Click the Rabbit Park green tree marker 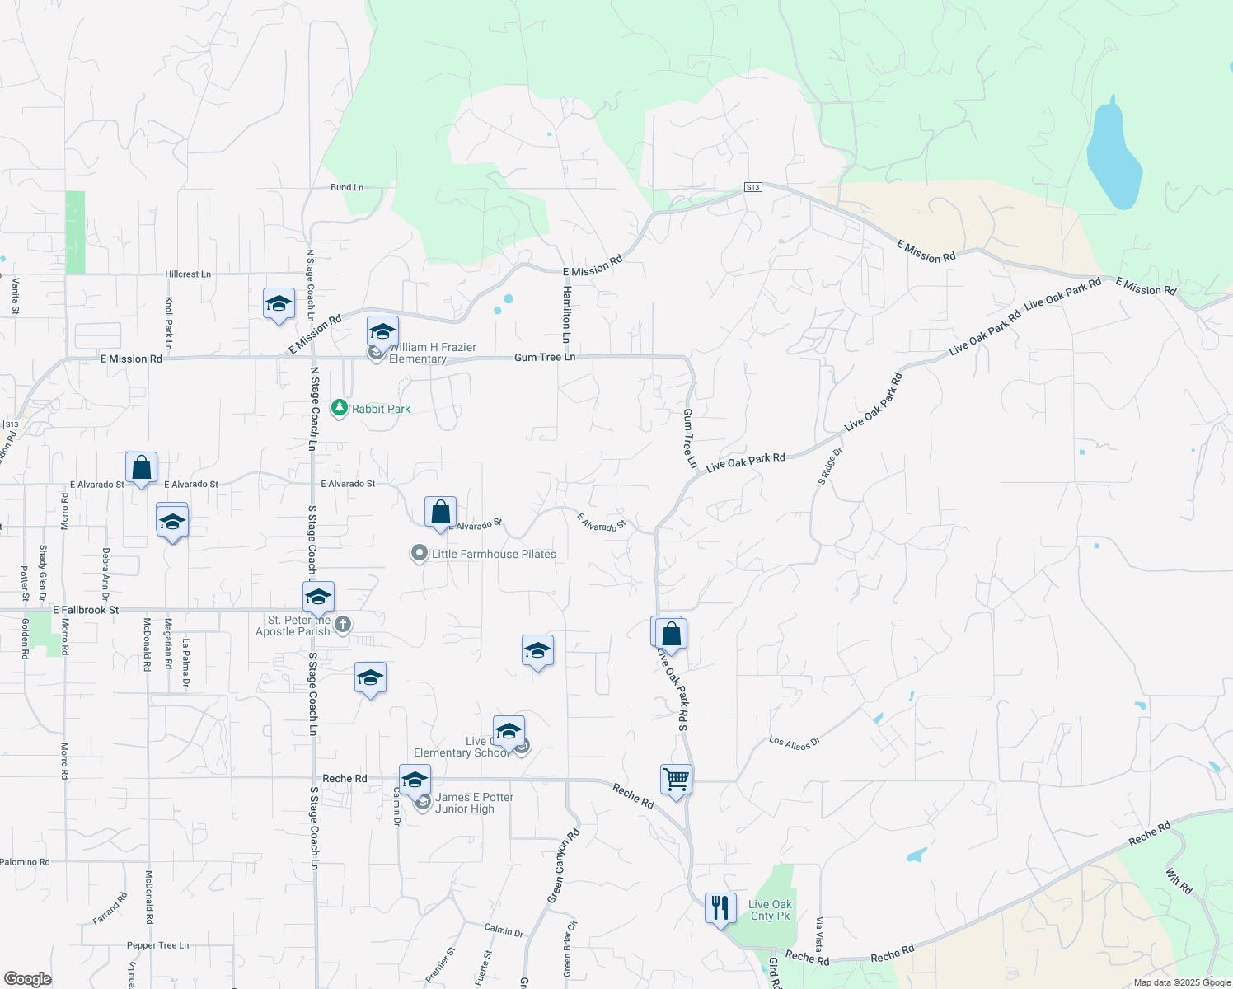tap(339, 408)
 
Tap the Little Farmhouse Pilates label tap(494, 554)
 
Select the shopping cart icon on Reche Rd tap(676, 779)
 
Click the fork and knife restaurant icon tap(720, 908)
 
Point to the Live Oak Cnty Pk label tap(770, 910)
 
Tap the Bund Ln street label tap(347, 188)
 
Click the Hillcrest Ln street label tap(188, 274)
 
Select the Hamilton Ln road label tap(566, 315)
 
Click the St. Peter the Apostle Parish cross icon tap(343, 624)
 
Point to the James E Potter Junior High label tap(474, 803)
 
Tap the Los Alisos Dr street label tap(795, 743)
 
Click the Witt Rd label tap(1179, 881)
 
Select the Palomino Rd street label tap(25, 862)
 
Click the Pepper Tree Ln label tap(157, 945)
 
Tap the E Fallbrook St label tap(86, 611)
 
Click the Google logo tap(28, 979)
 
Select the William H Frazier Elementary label tap(432, 353)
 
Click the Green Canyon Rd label tap(564, 865)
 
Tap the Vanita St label tap(16, 296)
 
